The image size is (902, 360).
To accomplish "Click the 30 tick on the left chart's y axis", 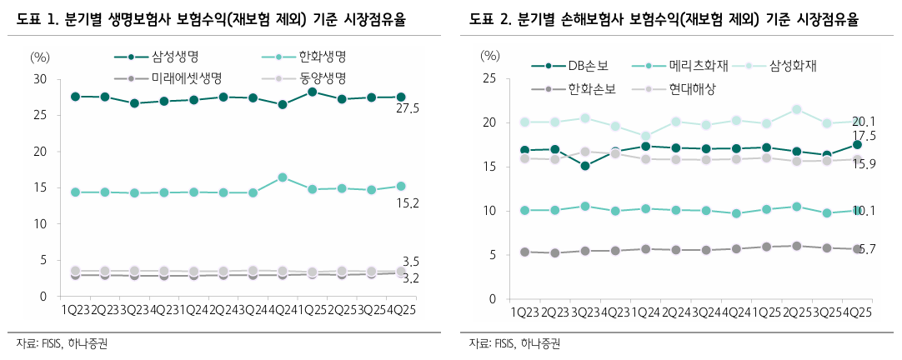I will tap(40, 79).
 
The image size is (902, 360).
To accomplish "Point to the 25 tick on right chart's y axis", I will tap(492, 79).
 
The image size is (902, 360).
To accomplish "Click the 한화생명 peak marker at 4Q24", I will tap(283, 177).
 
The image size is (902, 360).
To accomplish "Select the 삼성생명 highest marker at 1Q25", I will tap(312, 92).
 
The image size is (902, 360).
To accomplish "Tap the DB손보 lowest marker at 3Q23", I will tap(585, 166).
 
